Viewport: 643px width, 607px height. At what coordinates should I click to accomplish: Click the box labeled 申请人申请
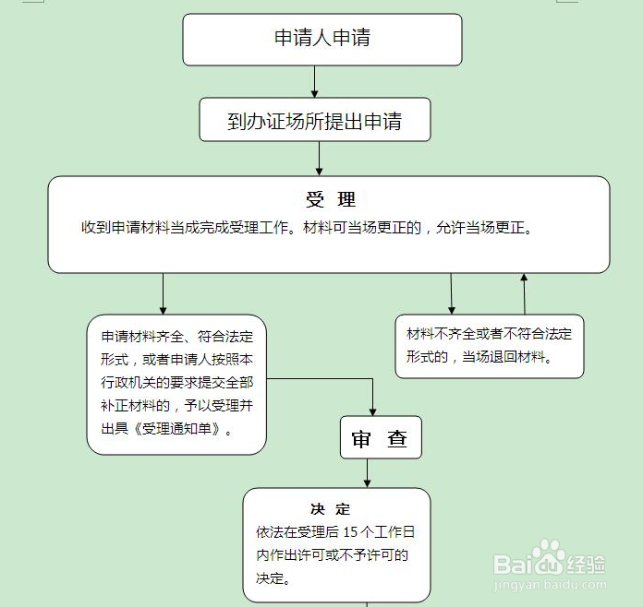coord(322,40)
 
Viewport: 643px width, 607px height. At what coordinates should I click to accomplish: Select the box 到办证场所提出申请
coord(315,120)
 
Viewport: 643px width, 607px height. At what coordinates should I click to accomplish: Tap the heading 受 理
coord(331,200)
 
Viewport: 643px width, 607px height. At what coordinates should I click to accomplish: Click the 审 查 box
coord(381,437)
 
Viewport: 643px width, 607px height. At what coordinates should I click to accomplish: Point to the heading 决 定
coord(330,509)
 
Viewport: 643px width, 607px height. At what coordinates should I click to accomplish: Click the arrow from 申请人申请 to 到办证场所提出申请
coord(314,81)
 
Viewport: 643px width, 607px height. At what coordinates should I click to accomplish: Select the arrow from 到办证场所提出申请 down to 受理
coord(319,159)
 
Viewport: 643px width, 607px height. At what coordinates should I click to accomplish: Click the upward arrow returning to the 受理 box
coord(524,294)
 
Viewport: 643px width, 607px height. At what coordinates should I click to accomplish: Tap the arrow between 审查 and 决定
coord(367,473)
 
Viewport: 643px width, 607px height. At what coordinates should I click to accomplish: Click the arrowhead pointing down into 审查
coord(372,412)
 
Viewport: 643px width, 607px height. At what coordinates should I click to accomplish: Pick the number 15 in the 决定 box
coord(350,532)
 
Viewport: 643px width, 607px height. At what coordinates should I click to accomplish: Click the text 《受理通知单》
coord(176,429)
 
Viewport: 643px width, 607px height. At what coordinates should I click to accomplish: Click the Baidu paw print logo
coord(549,555)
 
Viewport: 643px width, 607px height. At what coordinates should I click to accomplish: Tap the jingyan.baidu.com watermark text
coord(550,585)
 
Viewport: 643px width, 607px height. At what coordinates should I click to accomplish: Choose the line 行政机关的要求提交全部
coord(177,382)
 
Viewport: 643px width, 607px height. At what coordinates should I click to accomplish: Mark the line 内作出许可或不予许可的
coord(333,555)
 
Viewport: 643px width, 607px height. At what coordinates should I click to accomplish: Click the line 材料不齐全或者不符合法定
coord(489,334)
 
